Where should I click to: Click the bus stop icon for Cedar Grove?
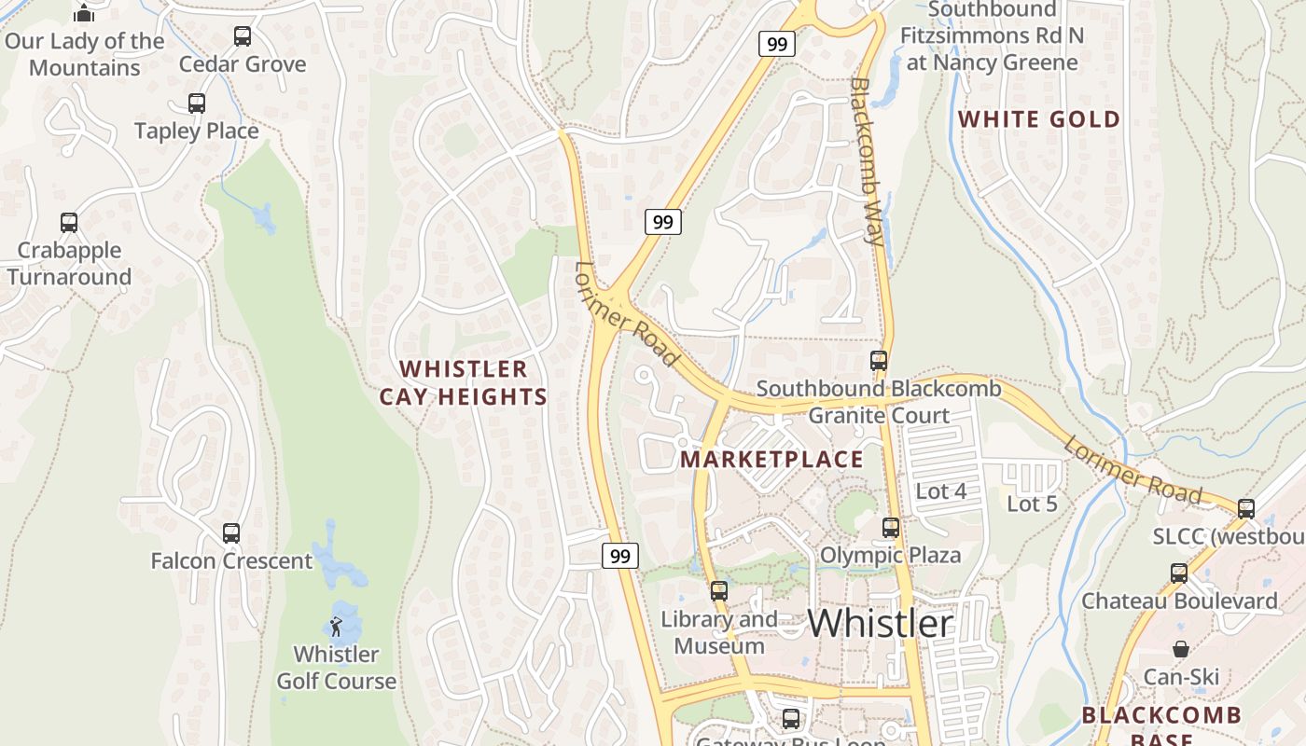coord(243,36)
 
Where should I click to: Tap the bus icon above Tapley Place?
coord(197,104)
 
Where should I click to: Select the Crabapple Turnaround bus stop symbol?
coord(69,223)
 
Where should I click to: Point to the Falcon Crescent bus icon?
coord(231,533)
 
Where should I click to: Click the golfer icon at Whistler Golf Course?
coord(336,627)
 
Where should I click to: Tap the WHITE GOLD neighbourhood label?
coord(1039,119)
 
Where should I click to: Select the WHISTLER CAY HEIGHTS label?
coord(464,382)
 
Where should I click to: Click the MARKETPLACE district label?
coord(771,459)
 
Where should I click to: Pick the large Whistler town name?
coord(881,623)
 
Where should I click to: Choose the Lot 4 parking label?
coord(941,491)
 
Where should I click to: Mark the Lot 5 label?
coord(1033,504)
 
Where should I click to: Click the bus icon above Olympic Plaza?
coord(891,528)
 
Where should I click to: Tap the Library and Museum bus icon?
coord(718,590)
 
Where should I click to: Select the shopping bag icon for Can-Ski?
coord(1181,649)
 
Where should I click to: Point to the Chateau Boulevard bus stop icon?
coord(1179,573)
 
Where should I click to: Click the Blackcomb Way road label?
coord(867,160)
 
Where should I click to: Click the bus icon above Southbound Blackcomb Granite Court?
coord(878,361)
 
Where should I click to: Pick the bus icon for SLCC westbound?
coord(1246,509)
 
